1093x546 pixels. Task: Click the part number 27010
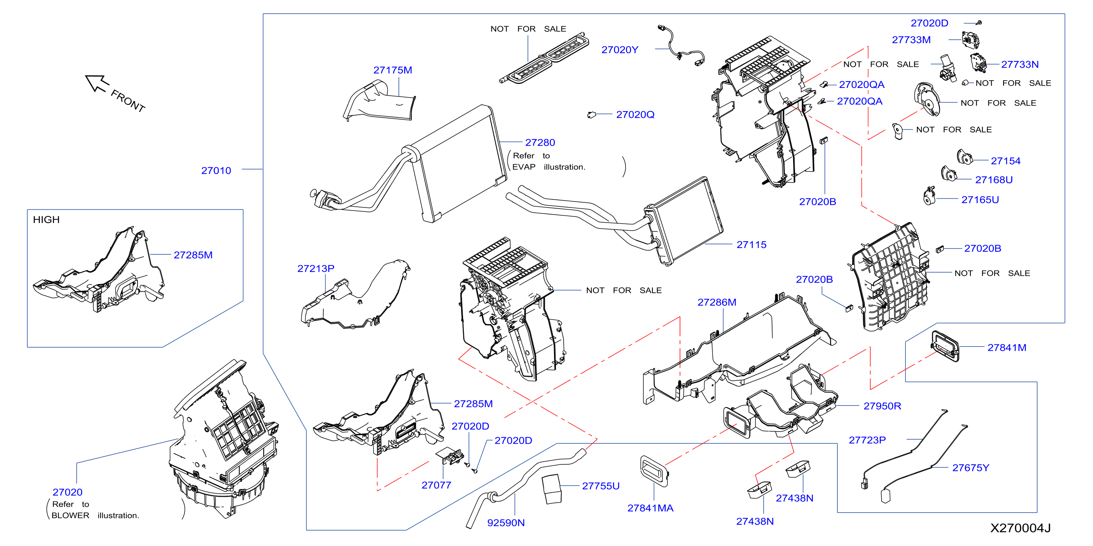[216, 170]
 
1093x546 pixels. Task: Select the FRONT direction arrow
[97, 83]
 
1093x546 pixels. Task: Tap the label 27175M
[392, 70]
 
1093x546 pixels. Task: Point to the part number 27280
[540, 142]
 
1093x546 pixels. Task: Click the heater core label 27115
[752, 245]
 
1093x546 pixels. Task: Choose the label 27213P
[316, 268]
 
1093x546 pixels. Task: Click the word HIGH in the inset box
[46, 220]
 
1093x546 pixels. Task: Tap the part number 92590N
[506, 523]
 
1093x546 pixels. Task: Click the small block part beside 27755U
[551, 489]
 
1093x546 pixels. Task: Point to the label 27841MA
[651, 508]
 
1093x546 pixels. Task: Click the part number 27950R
[882, 406]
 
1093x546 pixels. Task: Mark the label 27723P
[867, 440]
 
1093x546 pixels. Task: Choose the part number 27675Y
[971, 468]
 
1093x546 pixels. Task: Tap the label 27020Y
[620, 50]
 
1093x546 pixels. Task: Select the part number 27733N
[1020, 64]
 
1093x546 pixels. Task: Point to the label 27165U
[980, 200]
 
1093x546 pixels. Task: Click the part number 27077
[436, 485]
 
